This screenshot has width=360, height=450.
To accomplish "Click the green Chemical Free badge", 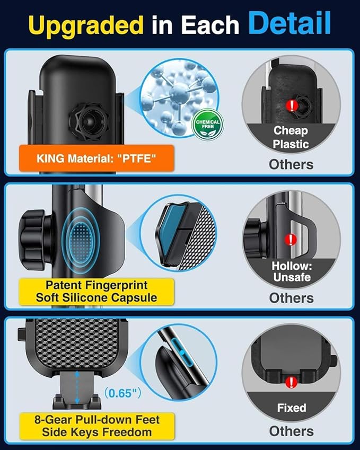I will click(x=208, y=125).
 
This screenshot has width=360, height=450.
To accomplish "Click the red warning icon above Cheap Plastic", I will click(x=291, y=105).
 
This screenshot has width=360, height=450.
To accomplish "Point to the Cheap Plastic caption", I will click(x=291, y=137).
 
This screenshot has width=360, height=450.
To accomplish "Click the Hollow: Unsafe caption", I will click(x=292, y=271).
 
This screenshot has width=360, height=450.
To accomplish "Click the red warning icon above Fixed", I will click(x=291, y=382).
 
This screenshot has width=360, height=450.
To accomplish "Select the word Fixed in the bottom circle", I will click(x=292, y=408).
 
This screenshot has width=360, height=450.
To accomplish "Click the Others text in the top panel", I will click(x=291, y=164).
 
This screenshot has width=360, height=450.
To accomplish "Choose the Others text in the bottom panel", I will click(x=291, y=431).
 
